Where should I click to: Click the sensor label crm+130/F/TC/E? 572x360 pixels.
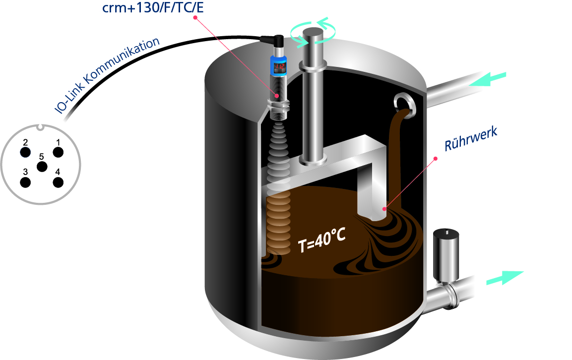153,7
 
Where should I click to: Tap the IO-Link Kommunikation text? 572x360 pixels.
107,75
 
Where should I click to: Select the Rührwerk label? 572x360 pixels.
471,139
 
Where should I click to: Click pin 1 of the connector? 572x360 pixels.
58,152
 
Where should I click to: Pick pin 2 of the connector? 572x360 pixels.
25,152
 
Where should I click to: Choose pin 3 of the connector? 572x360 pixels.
25,182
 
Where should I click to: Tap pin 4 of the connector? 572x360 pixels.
58,182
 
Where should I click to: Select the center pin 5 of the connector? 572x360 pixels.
42,167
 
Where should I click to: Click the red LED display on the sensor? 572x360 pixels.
280,66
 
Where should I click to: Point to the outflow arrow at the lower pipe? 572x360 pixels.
505,278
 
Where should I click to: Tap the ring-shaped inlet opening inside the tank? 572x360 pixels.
404,106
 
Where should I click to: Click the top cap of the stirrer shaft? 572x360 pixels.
313,33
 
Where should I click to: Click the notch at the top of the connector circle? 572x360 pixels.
40,127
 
